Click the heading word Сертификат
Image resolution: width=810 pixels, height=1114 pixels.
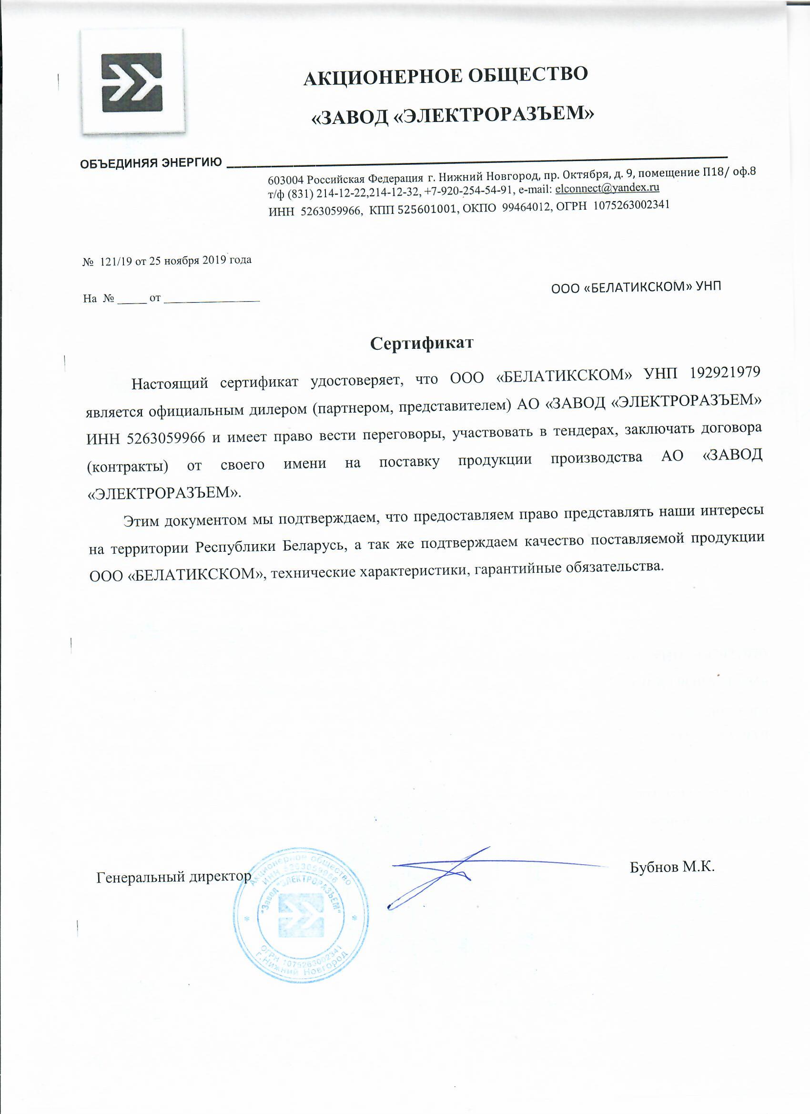point(422,343)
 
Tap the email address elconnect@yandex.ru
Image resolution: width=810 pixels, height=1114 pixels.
point(607,188)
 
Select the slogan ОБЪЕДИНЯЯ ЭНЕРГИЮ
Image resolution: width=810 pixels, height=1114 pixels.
point(151,162)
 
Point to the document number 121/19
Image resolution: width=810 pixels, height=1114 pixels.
point(115,261)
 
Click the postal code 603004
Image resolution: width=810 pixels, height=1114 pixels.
point(286,180)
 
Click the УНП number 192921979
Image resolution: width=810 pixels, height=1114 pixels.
point(725,372)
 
